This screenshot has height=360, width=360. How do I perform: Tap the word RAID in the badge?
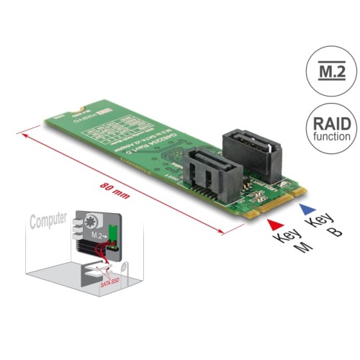[x=332, y=123]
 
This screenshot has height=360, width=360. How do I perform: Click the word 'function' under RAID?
[x=332, y=136]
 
